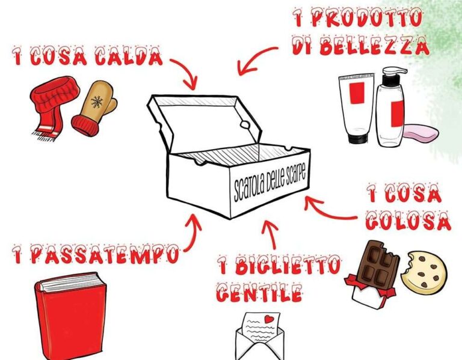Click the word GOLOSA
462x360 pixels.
[408, 221]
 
